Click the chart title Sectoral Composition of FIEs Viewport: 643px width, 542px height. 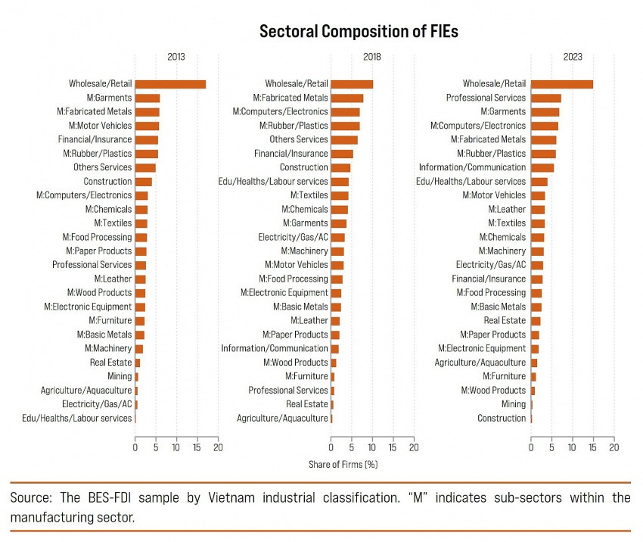359,31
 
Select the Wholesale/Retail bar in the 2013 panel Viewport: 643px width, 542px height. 170,84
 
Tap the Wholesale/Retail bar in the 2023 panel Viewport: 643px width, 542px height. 561,84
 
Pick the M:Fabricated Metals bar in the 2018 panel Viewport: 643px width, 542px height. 347,98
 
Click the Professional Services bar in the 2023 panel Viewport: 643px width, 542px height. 545,98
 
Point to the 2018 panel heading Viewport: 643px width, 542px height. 371,57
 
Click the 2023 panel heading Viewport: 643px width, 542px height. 572,57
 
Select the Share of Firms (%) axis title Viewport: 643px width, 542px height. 343,464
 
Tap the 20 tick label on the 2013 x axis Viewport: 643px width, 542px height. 218,447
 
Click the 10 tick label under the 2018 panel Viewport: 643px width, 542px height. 372,447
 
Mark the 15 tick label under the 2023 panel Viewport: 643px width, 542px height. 593,447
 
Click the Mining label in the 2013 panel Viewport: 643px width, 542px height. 120,376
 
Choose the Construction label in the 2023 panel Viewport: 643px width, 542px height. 502,418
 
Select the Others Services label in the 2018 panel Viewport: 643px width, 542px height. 299,139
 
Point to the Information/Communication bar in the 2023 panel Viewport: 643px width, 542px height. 542,167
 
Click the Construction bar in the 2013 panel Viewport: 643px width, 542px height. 144,182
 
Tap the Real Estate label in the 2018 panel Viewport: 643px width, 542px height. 307,404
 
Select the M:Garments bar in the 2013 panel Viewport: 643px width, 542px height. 148,98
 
